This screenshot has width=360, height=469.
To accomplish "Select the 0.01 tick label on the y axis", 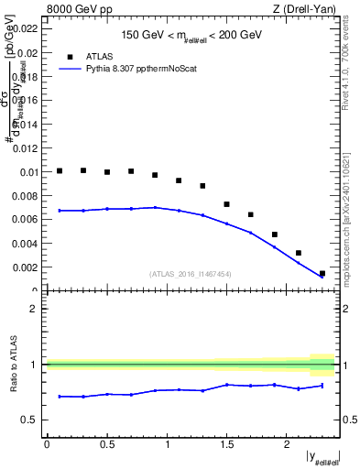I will point(30,171).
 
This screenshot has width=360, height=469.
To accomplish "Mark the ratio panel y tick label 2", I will point(38,309).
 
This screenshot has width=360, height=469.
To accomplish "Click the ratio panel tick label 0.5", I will point(33,420).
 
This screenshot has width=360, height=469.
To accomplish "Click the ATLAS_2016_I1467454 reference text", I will point(191,274).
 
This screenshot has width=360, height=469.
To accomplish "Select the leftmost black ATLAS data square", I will point(60,170).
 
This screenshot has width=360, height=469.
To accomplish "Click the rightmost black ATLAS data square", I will point(322,273).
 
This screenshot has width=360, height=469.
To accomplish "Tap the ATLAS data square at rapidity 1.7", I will point(250,214).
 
